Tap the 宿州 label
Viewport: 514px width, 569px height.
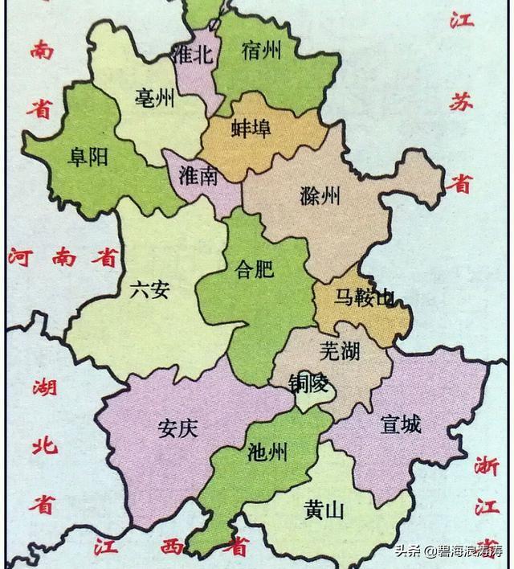pos(261,51)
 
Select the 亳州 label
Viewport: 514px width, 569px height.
pos(155,99)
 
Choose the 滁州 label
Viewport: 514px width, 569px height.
pos(318,195)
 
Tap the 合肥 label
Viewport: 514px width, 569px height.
pos(254,270)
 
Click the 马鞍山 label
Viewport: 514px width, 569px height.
pos(363,299)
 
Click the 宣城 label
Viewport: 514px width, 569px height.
pos(400,424)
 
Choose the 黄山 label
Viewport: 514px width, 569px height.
pos(324,509)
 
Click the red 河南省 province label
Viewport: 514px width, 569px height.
pos(64,258)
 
